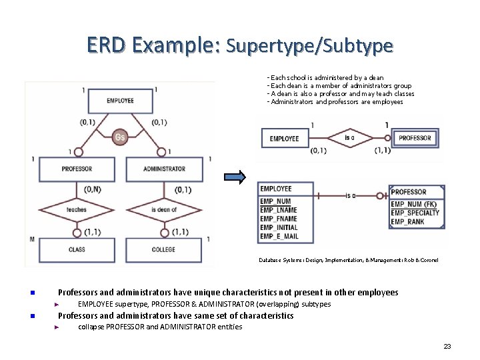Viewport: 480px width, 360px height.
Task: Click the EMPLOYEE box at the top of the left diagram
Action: click(120, 101)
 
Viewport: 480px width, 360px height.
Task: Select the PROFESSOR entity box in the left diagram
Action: click(77, 169)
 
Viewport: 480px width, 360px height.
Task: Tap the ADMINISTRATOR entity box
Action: click(164, 169)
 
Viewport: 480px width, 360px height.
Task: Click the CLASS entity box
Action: click(77, 249)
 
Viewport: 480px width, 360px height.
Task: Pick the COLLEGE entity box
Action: click(164, 249)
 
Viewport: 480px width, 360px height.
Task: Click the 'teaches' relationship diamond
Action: click(77, 209)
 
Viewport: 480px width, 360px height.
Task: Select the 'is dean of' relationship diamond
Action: click(164, 209)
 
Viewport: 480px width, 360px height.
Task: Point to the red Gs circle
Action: click(120, 137)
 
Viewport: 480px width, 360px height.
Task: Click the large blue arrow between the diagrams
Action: click(235, 177)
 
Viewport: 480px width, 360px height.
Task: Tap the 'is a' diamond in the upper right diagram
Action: click(350, 138)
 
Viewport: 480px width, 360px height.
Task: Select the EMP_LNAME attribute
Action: click(279, 210)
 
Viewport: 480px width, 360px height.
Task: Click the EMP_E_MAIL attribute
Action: click(279, 236)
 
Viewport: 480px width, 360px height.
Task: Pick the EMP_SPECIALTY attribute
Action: click(415, 213)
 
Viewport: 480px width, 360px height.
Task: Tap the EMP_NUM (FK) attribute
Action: click(413, 204)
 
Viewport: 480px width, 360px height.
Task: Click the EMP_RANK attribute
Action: click(407, 221)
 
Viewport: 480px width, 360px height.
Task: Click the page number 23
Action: click(447, 346)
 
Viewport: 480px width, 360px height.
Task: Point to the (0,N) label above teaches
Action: click(93, 189)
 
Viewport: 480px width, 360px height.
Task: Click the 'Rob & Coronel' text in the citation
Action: click(421, 260)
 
